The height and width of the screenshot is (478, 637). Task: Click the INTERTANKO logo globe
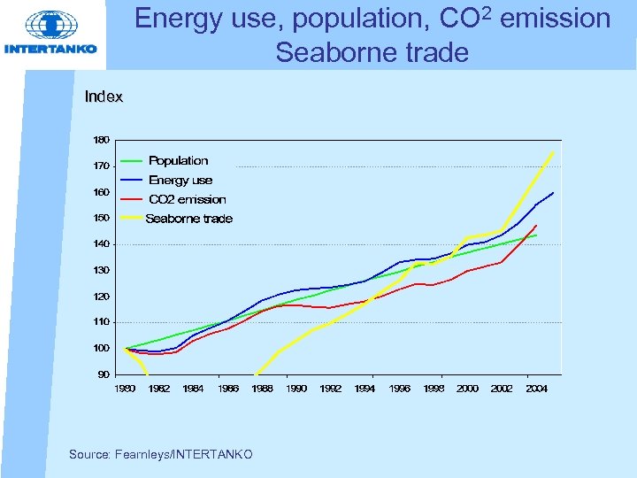point(50,25)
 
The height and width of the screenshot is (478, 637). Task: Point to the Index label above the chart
point(104,96)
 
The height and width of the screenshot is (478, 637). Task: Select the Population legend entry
point(178,160)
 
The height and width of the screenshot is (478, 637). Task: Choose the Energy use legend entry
point(180,180)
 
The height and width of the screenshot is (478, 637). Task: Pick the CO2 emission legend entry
point(187,199)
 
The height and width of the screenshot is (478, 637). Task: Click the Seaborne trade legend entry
point(188,219)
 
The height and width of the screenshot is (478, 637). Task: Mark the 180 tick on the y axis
point(102,140)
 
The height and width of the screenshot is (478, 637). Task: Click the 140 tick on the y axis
point(102,243)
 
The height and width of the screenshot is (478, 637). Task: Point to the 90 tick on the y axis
point(104,374)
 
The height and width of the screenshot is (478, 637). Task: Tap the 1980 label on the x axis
point(125,389)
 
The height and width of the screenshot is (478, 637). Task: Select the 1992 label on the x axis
point(330,389)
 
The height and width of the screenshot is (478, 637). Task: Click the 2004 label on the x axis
point(536,389)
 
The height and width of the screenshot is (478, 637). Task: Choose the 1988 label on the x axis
point(262,389)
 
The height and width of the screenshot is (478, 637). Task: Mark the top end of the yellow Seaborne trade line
point(554,151)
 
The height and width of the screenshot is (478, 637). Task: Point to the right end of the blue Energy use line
point(554,192)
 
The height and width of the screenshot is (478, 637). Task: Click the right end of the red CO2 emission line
point(536,226)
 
